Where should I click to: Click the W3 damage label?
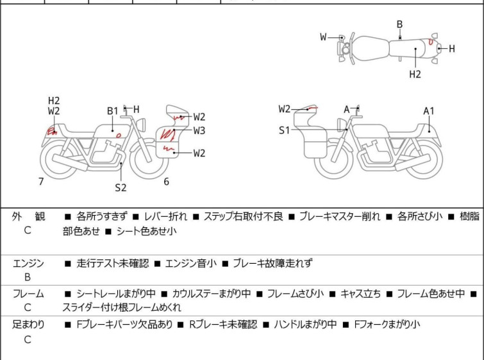(x=199, y=130)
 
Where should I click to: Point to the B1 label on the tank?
(x=112, y=110)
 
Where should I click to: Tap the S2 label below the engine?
(x=121, y=187)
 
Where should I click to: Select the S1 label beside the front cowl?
(x=284, y=130)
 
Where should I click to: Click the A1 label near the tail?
(x=429, y=111)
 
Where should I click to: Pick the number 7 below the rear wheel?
(x=41, y=182)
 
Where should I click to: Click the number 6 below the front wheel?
(x=166, y=182)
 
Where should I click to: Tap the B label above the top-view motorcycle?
(x=399, y=24)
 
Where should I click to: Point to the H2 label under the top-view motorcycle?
(x=415, y=74)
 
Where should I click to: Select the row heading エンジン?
(x=29, y=263)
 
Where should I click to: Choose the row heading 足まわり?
(x=29, y=325)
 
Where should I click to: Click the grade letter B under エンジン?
(x=28, y=277)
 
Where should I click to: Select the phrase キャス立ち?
(x=360, y=294)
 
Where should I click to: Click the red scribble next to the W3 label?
(x=169, y=134)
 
